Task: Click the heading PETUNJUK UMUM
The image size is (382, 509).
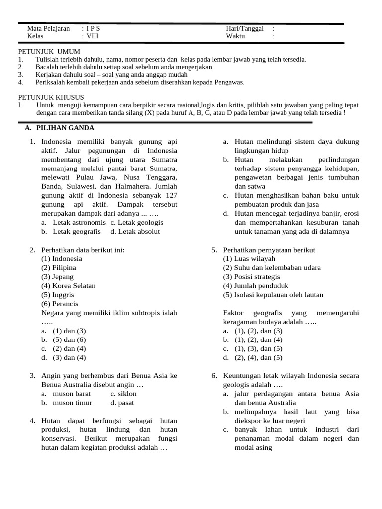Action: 49,52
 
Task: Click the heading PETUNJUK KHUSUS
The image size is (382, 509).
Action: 51,97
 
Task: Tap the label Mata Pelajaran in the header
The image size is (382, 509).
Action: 48,28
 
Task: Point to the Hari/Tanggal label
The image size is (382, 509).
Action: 244,28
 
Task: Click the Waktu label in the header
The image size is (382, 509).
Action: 236,36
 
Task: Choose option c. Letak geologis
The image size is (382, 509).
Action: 137,222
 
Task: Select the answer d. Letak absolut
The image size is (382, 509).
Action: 135,231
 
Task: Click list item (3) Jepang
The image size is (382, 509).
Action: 57,277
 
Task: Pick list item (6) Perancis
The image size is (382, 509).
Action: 60,304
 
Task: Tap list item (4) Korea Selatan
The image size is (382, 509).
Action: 68,286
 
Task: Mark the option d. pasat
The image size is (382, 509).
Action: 123,403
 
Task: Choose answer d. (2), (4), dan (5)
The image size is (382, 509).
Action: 252,357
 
